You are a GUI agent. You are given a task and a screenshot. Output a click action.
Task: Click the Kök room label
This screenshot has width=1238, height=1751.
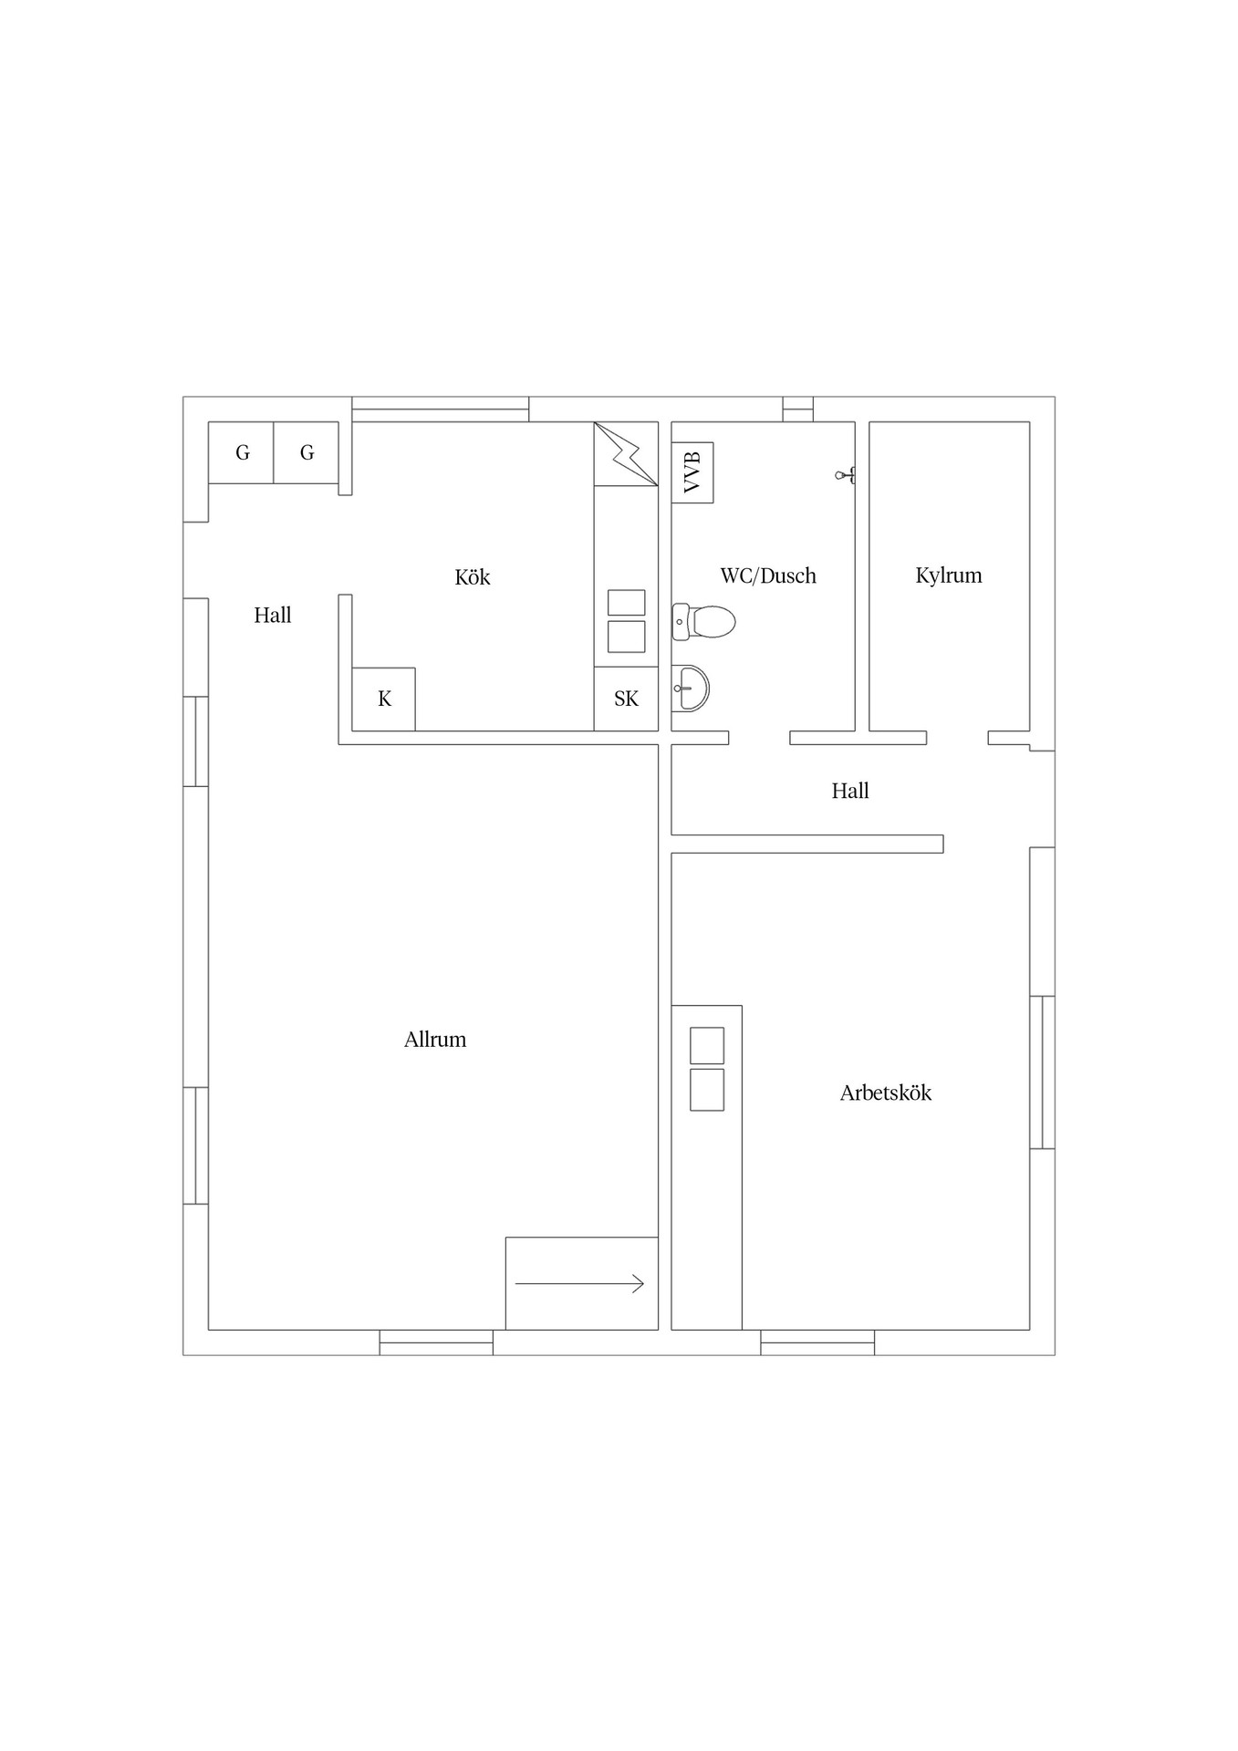473,577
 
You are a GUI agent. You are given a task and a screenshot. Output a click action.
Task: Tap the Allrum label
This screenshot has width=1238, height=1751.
435,1040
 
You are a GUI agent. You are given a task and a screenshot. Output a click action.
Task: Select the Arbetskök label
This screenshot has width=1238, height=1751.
886,1093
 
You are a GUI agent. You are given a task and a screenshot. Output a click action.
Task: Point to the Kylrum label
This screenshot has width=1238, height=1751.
949,575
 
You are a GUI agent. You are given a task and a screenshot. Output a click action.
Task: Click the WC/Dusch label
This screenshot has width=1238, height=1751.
768,575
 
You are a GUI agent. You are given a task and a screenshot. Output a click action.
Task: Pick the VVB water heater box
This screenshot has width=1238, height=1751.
692,472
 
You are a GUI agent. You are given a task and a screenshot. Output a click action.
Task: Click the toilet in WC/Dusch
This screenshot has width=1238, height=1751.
703,622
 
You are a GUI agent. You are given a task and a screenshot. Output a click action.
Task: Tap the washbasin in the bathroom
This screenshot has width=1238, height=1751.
691,688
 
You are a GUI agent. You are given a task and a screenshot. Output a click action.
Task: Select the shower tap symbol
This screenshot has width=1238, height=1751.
846,475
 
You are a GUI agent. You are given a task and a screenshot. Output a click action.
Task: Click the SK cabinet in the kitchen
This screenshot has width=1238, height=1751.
626,699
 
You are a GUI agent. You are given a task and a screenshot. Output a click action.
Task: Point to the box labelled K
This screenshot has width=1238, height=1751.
384,699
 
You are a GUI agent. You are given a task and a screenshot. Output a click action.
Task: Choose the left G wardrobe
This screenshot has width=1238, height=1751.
241,452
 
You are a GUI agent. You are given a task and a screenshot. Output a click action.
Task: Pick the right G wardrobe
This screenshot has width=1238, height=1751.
307,452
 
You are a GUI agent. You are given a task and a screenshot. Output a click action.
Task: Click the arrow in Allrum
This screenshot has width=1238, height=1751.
579,1284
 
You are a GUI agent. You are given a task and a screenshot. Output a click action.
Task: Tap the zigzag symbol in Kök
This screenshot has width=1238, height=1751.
626,453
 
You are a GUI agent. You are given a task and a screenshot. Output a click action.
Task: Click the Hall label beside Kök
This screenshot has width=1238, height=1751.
273,616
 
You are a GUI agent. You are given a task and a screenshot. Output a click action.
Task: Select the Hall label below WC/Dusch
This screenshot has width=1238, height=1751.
850,791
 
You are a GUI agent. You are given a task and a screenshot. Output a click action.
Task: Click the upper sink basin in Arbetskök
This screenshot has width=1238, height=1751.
707,1046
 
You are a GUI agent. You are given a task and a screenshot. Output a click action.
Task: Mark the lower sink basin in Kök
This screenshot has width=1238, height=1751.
627,637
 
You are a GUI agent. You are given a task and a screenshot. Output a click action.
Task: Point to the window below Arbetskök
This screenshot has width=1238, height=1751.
817,1342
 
